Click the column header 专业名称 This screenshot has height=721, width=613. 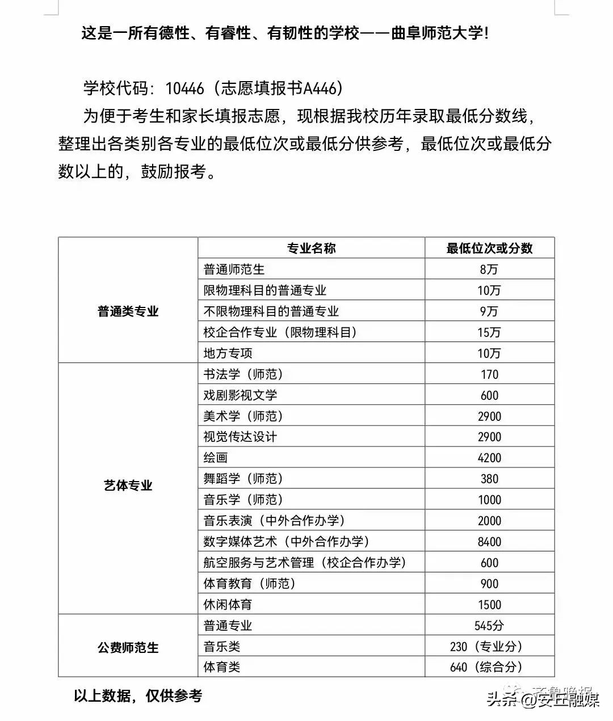[x=311, y=248]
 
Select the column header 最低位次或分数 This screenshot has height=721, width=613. [x=489, y=248]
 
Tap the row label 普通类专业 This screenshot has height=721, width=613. [x=128, y=311]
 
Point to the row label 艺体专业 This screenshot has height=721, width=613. [x=128, y=486]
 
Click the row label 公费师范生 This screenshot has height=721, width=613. [x=128, y=647]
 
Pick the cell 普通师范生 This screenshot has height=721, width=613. [x=234, y=269]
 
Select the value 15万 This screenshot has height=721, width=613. [x=489, y=332]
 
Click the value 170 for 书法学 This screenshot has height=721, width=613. [x=489, y=374]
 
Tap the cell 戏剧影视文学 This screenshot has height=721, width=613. [x=240, y=395]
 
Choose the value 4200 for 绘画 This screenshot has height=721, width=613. [x=489, y=458]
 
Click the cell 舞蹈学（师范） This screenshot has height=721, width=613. [x=243, y=479]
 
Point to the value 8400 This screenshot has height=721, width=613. [x=489, y=542]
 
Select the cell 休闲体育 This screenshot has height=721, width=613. [x=228, y=605]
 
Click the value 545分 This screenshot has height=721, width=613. [x=489, y=626]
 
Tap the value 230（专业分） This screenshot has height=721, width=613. [x=486, y=647]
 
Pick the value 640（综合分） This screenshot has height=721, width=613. [x=486, y=667]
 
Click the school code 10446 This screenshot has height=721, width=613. [x=184, y=88]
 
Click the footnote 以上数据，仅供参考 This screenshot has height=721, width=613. [x=138, y=695]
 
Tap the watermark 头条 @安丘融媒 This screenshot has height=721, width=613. [x=543, y=701]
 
